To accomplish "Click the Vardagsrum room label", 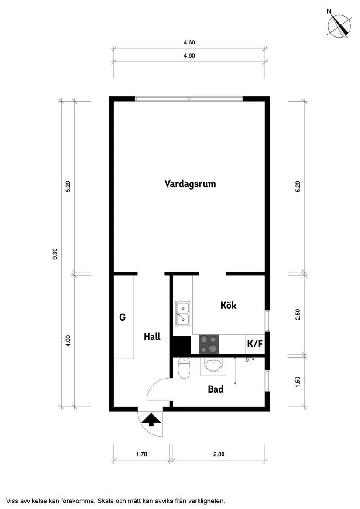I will (x=190, y=184).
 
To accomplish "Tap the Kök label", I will (x=228, y=305).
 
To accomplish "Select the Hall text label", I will (x=152, y=337).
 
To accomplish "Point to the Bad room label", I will (x=216, y=389).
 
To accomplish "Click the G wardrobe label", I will (x=123, y=318).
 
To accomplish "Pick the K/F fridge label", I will (x=255, y=344).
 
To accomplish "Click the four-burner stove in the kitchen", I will (x=209, y=344).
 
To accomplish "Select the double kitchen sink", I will (x=182, y=314).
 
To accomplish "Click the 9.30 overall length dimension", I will (x=55, y=254).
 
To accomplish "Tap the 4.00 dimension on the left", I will (x=68, y=341).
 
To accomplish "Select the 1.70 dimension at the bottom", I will (x=142, y=454).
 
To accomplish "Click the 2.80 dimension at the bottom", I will (x=219, y=454).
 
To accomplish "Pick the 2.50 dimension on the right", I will (x=298, y=315).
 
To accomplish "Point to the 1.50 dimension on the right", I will (x=298, y=381).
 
